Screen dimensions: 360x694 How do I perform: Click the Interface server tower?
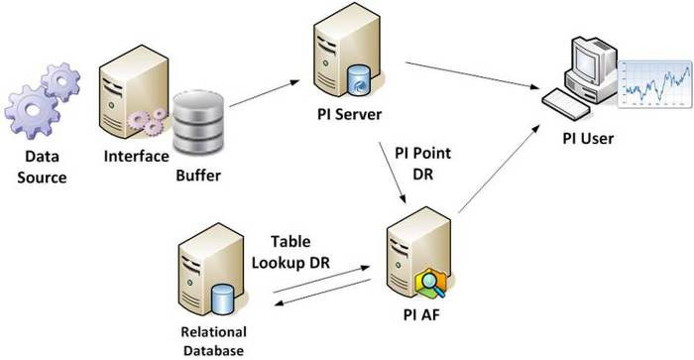tap(127, 99)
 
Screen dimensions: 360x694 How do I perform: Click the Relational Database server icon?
tap(211, 273)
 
